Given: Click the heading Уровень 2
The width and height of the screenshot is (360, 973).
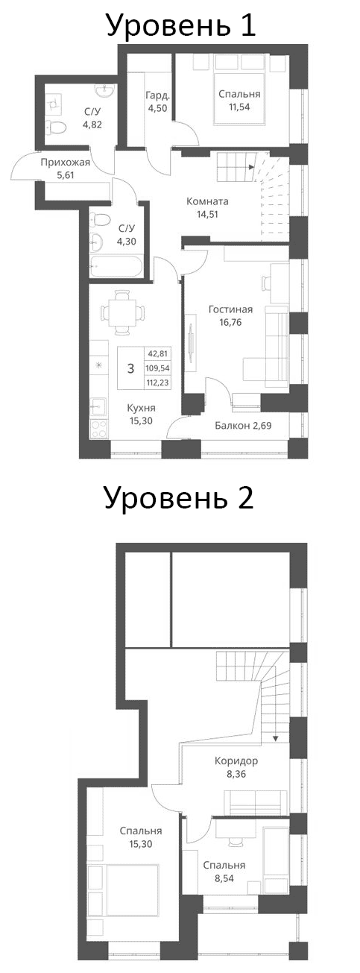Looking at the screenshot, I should [x=179, y=497].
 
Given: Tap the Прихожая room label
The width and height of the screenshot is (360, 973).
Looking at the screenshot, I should [x=66, y=163].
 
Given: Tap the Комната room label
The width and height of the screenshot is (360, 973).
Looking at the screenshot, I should [x=207, y=201].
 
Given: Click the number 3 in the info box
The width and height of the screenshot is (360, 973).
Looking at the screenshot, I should [x=130, y=368].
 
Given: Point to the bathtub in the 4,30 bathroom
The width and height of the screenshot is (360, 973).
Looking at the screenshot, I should [x=118, y=265].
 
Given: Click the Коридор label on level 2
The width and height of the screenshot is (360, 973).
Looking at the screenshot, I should [x=236, y=761].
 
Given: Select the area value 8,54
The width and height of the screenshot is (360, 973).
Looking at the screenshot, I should [x=224, y=878].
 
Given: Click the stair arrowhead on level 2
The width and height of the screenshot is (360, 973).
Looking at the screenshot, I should [x=276, y=738].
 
